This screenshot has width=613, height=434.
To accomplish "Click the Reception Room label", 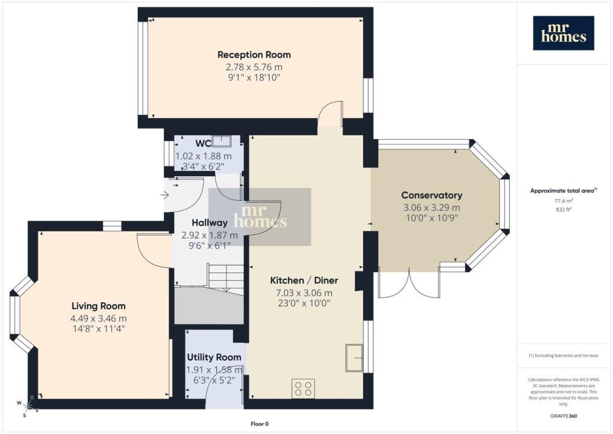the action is coord(254,55).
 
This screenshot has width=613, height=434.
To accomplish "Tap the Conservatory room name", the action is coord(432,195).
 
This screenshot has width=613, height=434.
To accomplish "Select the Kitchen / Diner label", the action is coord(304,281).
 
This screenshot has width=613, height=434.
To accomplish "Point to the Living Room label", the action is coord(99,306).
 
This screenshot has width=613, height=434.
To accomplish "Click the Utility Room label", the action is coord(214,357).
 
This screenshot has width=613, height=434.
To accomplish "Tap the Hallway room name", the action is coord(210,222).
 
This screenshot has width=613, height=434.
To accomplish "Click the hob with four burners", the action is coord(304,388).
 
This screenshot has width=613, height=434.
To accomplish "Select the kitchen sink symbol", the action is coord(354,358).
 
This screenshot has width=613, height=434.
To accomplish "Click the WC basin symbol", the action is coord(221,141).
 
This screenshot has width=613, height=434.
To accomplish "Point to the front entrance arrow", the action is coord(164,194).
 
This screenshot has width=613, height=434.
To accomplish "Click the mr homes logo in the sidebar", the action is coord(563,33).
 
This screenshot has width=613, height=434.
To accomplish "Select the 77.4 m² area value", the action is coord(563,201).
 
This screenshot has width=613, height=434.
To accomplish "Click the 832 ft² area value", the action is coord(563,209).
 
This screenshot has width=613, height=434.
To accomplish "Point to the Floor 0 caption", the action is coord(260,424).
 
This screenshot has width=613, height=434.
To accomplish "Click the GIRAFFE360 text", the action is coord(563,415).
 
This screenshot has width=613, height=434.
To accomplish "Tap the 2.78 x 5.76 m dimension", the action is coord(254,67).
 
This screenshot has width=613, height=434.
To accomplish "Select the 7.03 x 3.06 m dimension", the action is coord(304,293).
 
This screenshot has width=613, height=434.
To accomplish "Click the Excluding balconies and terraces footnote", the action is coord(563,355).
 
